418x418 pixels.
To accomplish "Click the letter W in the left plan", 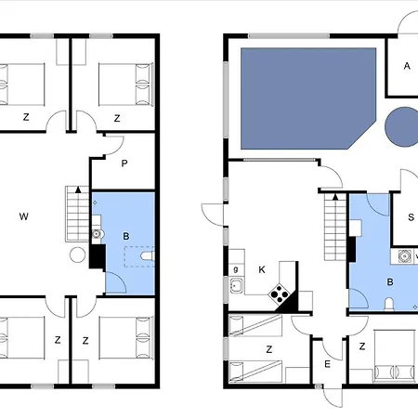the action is [x=24, y=216].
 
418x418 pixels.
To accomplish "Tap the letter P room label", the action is [x=124, y=163].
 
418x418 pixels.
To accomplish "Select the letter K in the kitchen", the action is [x=262, y=269].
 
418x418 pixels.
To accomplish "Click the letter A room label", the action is [x=407, y=66].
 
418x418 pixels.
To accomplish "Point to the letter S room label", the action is [x=411, y=217].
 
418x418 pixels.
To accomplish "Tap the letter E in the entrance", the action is [x=327, y=364].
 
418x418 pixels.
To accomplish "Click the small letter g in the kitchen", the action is [x=236, y=269].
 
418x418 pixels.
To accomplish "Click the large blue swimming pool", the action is [x=308, y=98].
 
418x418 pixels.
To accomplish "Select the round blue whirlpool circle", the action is [x=402, y=126].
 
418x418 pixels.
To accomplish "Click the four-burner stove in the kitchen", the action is [x=279, y=294].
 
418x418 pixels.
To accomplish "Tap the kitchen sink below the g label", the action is [x=236, y=285].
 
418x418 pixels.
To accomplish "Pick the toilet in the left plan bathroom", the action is [x=148, y=256].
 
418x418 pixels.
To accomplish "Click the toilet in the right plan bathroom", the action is [x=389, y=304].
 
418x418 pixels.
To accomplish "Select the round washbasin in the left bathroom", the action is [x=97, y=234].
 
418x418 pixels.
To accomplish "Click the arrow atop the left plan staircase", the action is [x=78, y=189].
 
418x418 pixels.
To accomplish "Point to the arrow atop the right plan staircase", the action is [x=335, y=197].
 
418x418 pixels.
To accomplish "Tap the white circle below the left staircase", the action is [x=77, y=255].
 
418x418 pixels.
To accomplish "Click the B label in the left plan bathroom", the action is [x=126, y=236].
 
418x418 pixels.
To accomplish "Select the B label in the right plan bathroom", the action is [x=390, y=282].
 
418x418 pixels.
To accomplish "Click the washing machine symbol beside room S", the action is [x=404, y=256].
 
